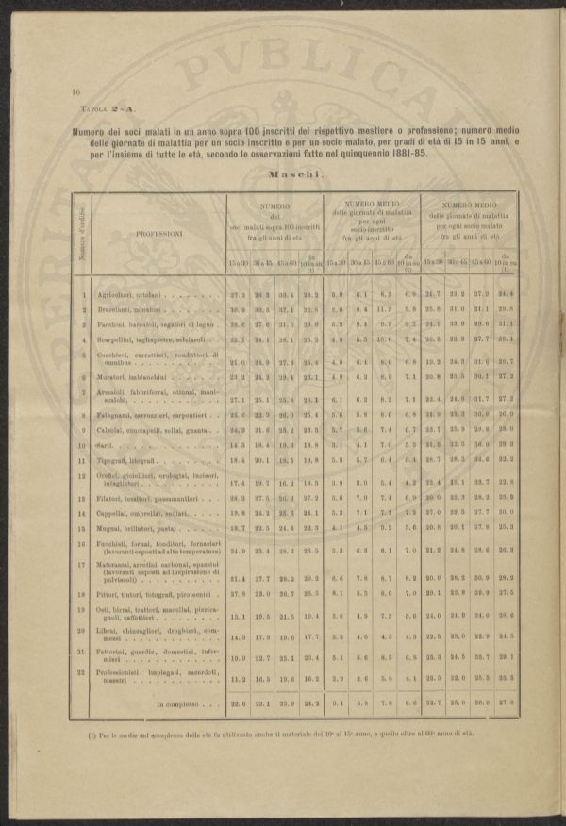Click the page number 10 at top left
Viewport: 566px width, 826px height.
[75, 93]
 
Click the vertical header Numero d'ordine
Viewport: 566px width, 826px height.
[83, 235]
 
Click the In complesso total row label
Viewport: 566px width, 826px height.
[179, 703]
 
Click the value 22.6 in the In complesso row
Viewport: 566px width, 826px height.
[239, 703]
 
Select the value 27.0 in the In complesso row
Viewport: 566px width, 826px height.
[506, 703]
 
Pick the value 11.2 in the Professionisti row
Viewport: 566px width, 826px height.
[239, 679]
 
